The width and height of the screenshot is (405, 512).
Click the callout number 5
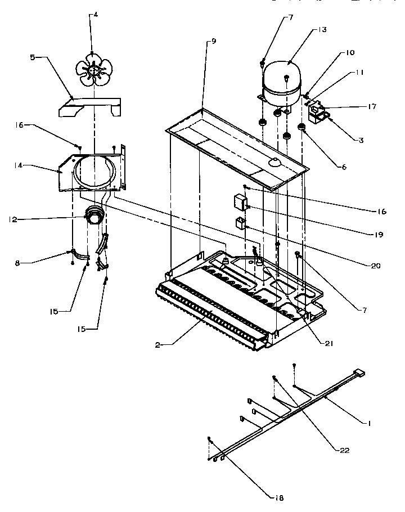[33, 57]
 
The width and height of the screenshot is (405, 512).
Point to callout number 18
[279, 497]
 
